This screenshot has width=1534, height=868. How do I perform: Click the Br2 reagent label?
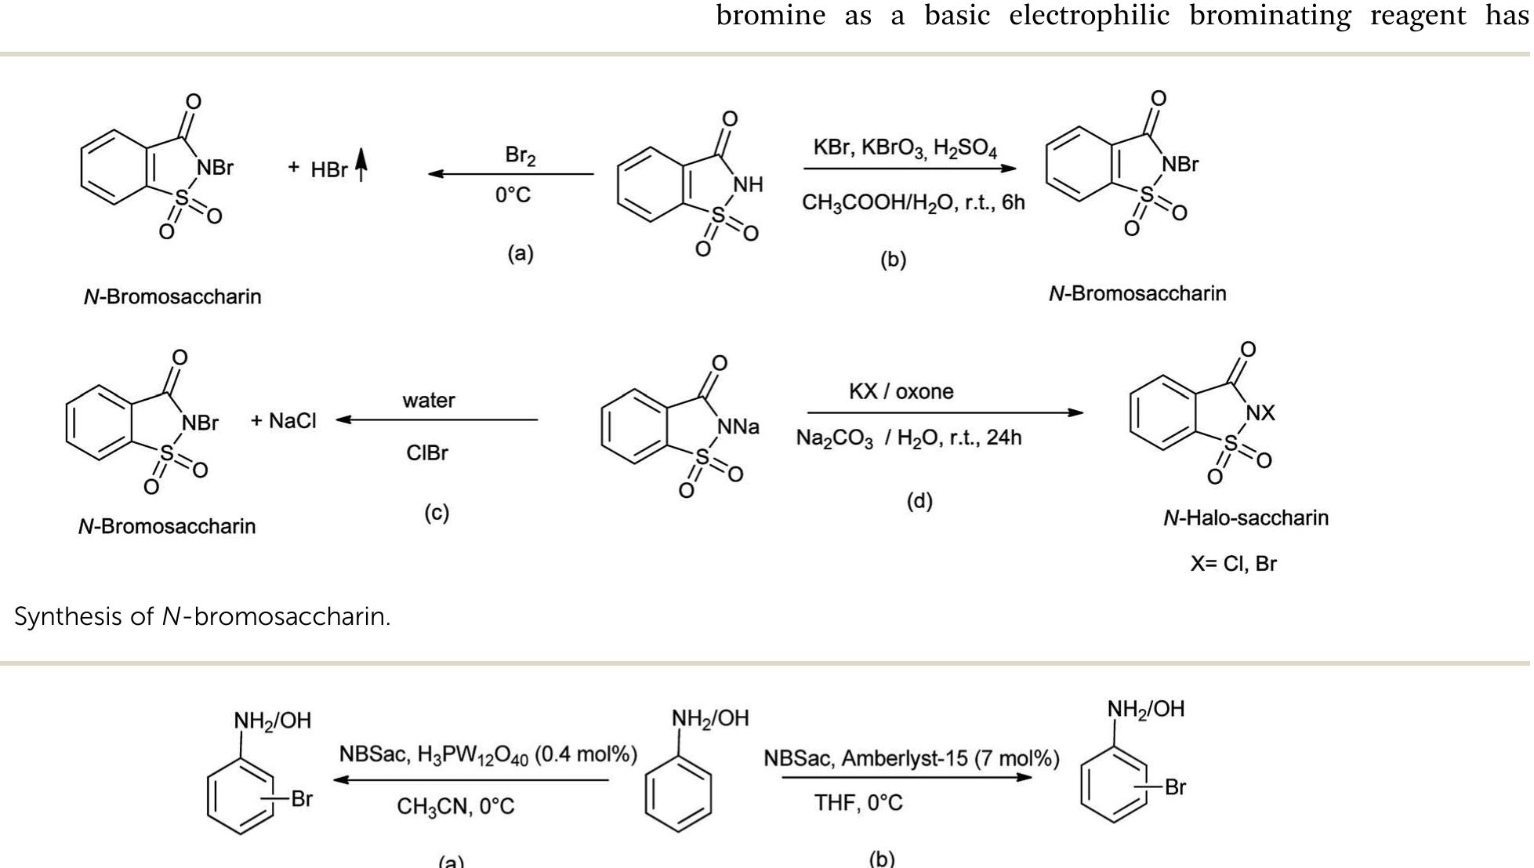520,155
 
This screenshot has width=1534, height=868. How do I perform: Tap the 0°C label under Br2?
513,194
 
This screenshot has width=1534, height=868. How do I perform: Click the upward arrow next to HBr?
361,165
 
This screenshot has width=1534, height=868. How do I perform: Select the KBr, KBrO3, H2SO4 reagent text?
905,148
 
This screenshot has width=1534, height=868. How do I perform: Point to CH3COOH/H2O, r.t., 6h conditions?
913,202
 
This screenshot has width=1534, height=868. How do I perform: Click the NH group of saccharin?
748,184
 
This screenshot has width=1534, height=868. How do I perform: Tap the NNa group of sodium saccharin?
738,427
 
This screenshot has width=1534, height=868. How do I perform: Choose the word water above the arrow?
429,400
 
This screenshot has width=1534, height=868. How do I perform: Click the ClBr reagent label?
427,452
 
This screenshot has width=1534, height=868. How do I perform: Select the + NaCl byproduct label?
284,421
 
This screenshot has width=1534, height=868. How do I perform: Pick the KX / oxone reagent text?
901,391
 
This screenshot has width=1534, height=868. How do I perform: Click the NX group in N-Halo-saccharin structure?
1260,412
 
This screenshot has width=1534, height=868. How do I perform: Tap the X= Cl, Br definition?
1233,564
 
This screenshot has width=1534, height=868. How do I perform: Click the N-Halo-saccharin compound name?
1246,518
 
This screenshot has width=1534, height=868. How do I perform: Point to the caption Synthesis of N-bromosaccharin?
202,616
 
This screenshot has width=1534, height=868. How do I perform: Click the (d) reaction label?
919,501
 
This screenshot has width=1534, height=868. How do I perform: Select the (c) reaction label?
437,513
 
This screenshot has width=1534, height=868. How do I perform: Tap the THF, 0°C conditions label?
858,803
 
